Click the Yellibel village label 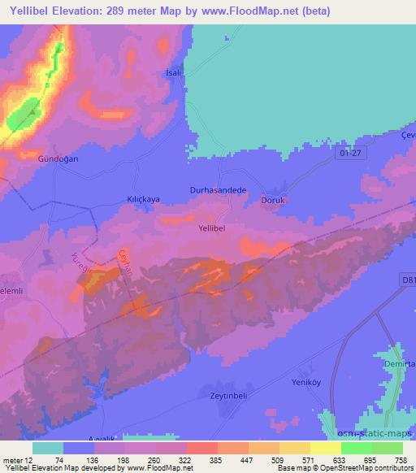[217, 229]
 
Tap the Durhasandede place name [217, 189]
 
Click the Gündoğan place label [58, 159]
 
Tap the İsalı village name [172, 72]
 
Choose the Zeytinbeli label [221, 395]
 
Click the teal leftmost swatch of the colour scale [48, 448]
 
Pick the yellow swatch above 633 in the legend [326, 448]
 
